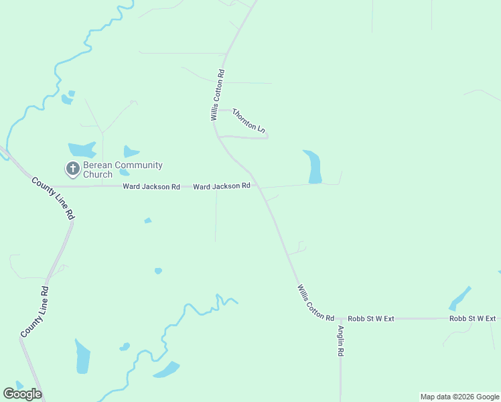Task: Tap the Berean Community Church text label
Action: [x=121, y=170]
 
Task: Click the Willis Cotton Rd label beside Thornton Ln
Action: [x=217, y=94]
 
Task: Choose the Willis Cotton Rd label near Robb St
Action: [x=315, y=302]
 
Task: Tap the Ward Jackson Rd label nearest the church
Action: [x=151, y=187]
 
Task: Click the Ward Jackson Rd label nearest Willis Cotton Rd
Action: [x=222, y=186]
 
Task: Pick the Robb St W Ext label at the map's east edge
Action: [x=472, y=318]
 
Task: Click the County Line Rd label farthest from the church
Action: [x=35, y=312]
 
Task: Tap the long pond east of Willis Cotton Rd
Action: [x=313, y=167]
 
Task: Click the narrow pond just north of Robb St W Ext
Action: [x=459, y=298]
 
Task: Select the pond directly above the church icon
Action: [x=81, y=149]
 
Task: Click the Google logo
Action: [x=22, y=394]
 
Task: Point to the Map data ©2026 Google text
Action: [x=459, y=397]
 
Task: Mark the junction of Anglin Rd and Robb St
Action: [x=340, y=319]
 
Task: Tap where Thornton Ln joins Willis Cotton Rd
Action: [x=218, y=137]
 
